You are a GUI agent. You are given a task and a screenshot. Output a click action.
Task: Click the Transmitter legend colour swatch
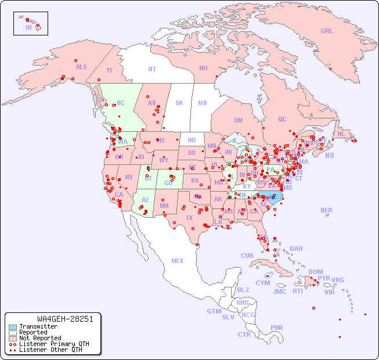[12, 327]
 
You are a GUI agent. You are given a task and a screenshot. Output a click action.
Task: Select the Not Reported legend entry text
[39, 338]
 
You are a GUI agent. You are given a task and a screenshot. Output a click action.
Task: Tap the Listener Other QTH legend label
[50, 350]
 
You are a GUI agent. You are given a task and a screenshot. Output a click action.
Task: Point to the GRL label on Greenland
[327, 31]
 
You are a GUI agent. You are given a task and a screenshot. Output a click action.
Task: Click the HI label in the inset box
[28, 27]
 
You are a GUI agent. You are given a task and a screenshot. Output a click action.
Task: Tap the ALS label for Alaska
[81, 67]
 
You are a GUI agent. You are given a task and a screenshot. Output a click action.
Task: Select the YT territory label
[109, 70]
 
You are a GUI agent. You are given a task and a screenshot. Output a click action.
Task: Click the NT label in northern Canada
[152, 69]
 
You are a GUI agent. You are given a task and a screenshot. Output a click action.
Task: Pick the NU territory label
[203, 68]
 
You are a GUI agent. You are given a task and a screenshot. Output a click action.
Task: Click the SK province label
[179, 103]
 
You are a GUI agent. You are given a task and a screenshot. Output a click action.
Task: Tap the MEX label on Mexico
[178, 261]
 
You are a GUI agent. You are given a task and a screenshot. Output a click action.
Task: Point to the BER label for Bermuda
[327, 210]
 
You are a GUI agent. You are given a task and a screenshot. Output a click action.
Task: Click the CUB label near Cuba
[247, 255]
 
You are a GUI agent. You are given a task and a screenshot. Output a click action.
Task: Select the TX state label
[189, 218]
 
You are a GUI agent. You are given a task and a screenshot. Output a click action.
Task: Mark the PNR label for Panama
[277, 327]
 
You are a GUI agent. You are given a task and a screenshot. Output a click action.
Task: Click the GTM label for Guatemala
[214, 311]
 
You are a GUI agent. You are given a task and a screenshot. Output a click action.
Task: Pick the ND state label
[192, 140]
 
